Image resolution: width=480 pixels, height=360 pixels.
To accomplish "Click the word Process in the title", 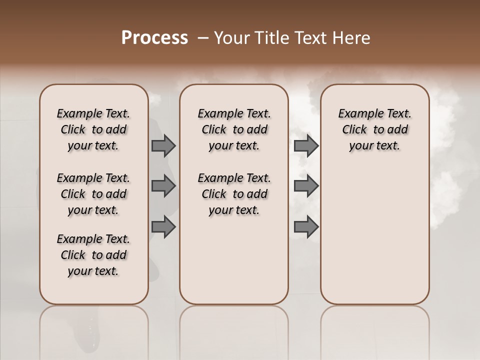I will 154,38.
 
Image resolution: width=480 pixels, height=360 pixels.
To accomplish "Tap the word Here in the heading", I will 351,38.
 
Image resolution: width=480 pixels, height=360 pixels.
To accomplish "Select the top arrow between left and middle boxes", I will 163,146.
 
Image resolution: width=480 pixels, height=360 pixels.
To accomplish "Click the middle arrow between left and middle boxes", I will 163,186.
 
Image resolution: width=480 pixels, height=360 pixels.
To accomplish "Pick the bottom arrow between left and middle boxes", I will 163,226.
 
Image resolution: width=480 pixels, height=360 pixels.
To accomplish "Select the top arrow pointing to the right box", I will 306,146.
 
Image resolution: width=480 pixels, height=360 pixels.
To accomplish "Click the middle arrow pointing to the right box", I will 306,186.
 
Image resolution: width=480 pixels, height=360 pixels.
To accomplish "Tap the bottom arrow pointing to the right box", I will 306,226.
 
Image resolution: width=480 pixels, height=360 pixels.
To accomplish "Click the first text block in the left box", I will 93,129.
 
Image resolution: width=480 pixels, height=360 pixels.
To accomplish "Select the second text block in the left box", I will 93,194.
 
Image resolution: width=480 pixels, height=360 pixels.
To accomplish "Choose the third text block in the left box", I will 93,255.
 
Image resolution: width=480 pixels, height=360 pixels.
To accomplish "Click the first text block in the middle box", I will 234,129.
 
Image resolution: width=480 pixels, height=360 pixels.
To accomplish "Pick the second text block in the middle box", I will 234,194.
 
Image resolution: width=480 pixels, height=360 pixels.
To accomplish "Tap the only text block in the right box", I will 374,129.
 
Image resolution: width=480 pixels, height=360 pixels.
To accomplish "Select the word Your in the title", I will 231,38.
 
